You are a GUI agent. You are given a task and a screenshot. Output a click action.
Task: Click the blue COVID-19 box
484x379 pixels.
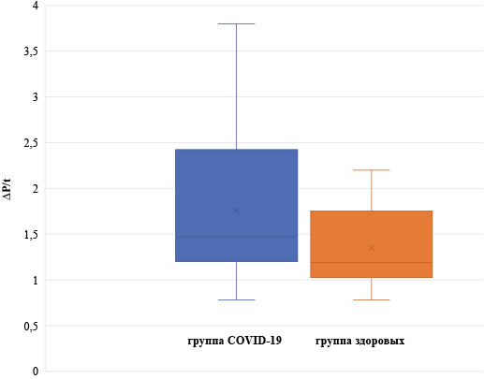(x=236, y=205)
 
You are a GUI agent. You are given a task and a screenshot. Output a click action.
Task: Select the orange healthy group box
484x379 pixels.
(x=371, y=244)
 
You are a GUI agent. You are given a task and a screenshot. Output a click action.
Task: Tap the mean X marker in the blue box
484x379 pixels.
(x=236, y=211)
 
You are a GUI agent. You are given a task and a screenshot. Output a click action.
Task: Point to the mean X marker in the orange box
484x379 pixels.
(x=371, y=247)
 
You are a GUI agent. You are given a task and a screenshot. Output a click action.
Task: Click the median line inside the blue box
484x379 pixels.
(x=236, y=237)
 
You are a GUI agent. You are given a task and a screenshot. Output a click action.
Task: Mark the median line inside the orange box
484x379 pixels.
(x=371, y=262)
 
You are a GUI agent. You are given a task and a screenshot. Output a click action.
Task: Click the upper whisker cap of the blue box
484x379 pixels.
(x=236, y=23)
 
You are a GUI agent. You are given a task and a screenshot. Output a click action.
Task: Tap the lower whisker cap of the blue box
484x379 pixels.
(x=236, y=299)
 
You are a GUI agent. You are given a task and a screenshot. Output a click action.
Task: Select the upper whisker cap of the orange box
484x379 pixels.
(x=371, y=170)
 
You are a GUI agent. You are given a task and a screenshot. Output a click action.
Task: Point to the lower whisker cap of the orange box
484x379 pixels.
(x=371, y=299)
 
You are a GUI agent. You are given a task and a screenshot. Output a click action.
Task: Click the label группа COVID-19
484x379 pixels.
(x=235, y=341)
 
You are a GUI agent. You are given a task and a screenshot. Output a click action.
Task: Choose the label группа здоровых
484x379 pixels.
(x=359, y=341)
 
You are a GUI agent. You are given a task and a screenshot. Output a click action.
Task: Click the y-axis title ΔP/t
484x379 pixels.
(x=7, y=189)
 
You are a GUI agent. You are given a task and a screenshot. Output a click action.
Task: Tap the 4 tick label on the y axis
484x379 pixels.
(x=36, y=6)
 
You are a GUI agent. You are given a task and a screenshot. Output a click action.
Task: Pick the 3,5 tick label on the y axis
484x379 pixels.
(x=31, y=51)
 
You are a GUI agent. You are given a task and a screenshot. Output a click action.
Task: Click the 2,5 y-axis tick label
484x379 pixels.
(x=31, y=143)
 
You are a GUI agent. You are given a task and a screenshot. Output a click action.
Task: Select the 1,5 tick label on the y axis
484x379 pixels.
(x=31, y=234)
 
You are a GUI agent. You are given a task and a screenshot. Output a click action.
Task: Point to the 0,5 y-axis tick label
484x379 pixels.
(x=31, y=326)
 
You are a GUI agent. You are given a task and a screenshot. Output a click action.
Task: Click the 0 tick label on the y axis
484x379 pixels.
(x=36, y=372)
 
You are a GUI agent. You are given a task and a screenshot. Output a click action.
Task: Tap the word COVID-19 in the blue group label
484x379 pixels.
(x=255, y=340)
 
